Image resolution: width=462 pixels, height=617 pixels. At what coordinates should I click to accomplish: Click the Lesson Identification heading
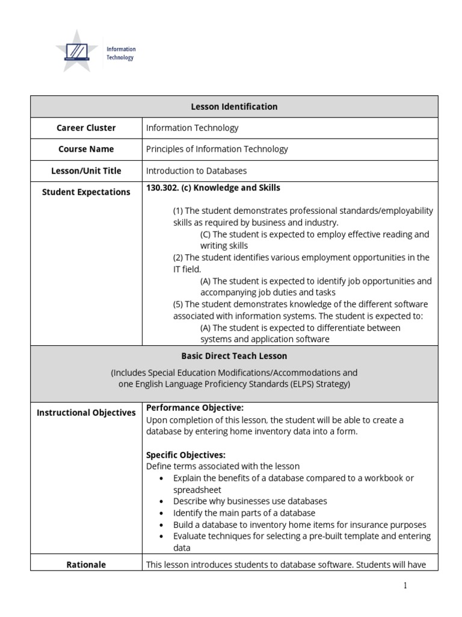(x=234, y=107)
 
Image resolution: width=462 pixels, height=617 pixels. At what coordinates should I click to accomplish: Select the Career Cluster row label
(x=86, y=128)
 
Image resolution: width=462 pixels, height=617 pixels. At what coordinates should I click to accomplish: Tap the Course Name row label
(x=86, y=149)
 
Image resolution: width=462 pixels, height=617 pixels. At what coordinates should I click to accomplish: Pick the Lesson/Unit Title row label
(x=86, y=171)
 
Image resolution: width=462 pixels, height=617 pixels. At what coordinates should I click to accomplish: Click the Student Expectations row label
(x=86, y=192)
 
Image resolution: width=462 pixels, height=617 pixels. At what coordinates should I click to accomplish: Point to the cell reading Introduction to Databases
(x=196, y=171)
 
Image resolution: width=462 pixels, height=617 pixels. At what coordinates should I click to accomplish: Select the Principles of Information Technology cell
(x=217, y=149)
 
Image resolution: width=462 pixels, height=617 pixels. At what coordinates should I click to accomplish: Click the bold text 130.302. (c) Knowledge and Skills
(x=213, y=188)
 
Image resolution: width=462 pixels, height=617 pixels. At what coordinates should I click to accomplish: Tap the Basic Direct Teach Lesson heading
(x=234, y=356)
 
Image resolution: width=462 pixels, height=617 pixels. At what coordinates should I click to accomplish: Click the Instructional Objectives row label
(x=86, y=413)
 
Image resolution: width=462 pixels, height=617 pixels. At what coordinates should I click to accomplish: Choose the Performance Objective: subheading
(x=195, y=408)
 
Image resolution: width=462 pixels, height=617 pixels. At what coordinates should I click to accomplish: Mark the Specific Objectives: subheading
(x=186, y=455)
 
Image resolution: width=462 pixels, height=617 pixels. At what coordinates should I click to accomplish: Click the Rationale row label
(x=86, y=565)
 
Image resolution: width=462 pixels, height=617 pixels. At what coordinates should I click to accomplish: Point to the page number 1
(x=405, y=586)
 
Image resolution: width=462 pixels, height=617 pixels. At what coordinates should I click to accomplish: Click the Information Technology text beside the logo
(x=121, y=54)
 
